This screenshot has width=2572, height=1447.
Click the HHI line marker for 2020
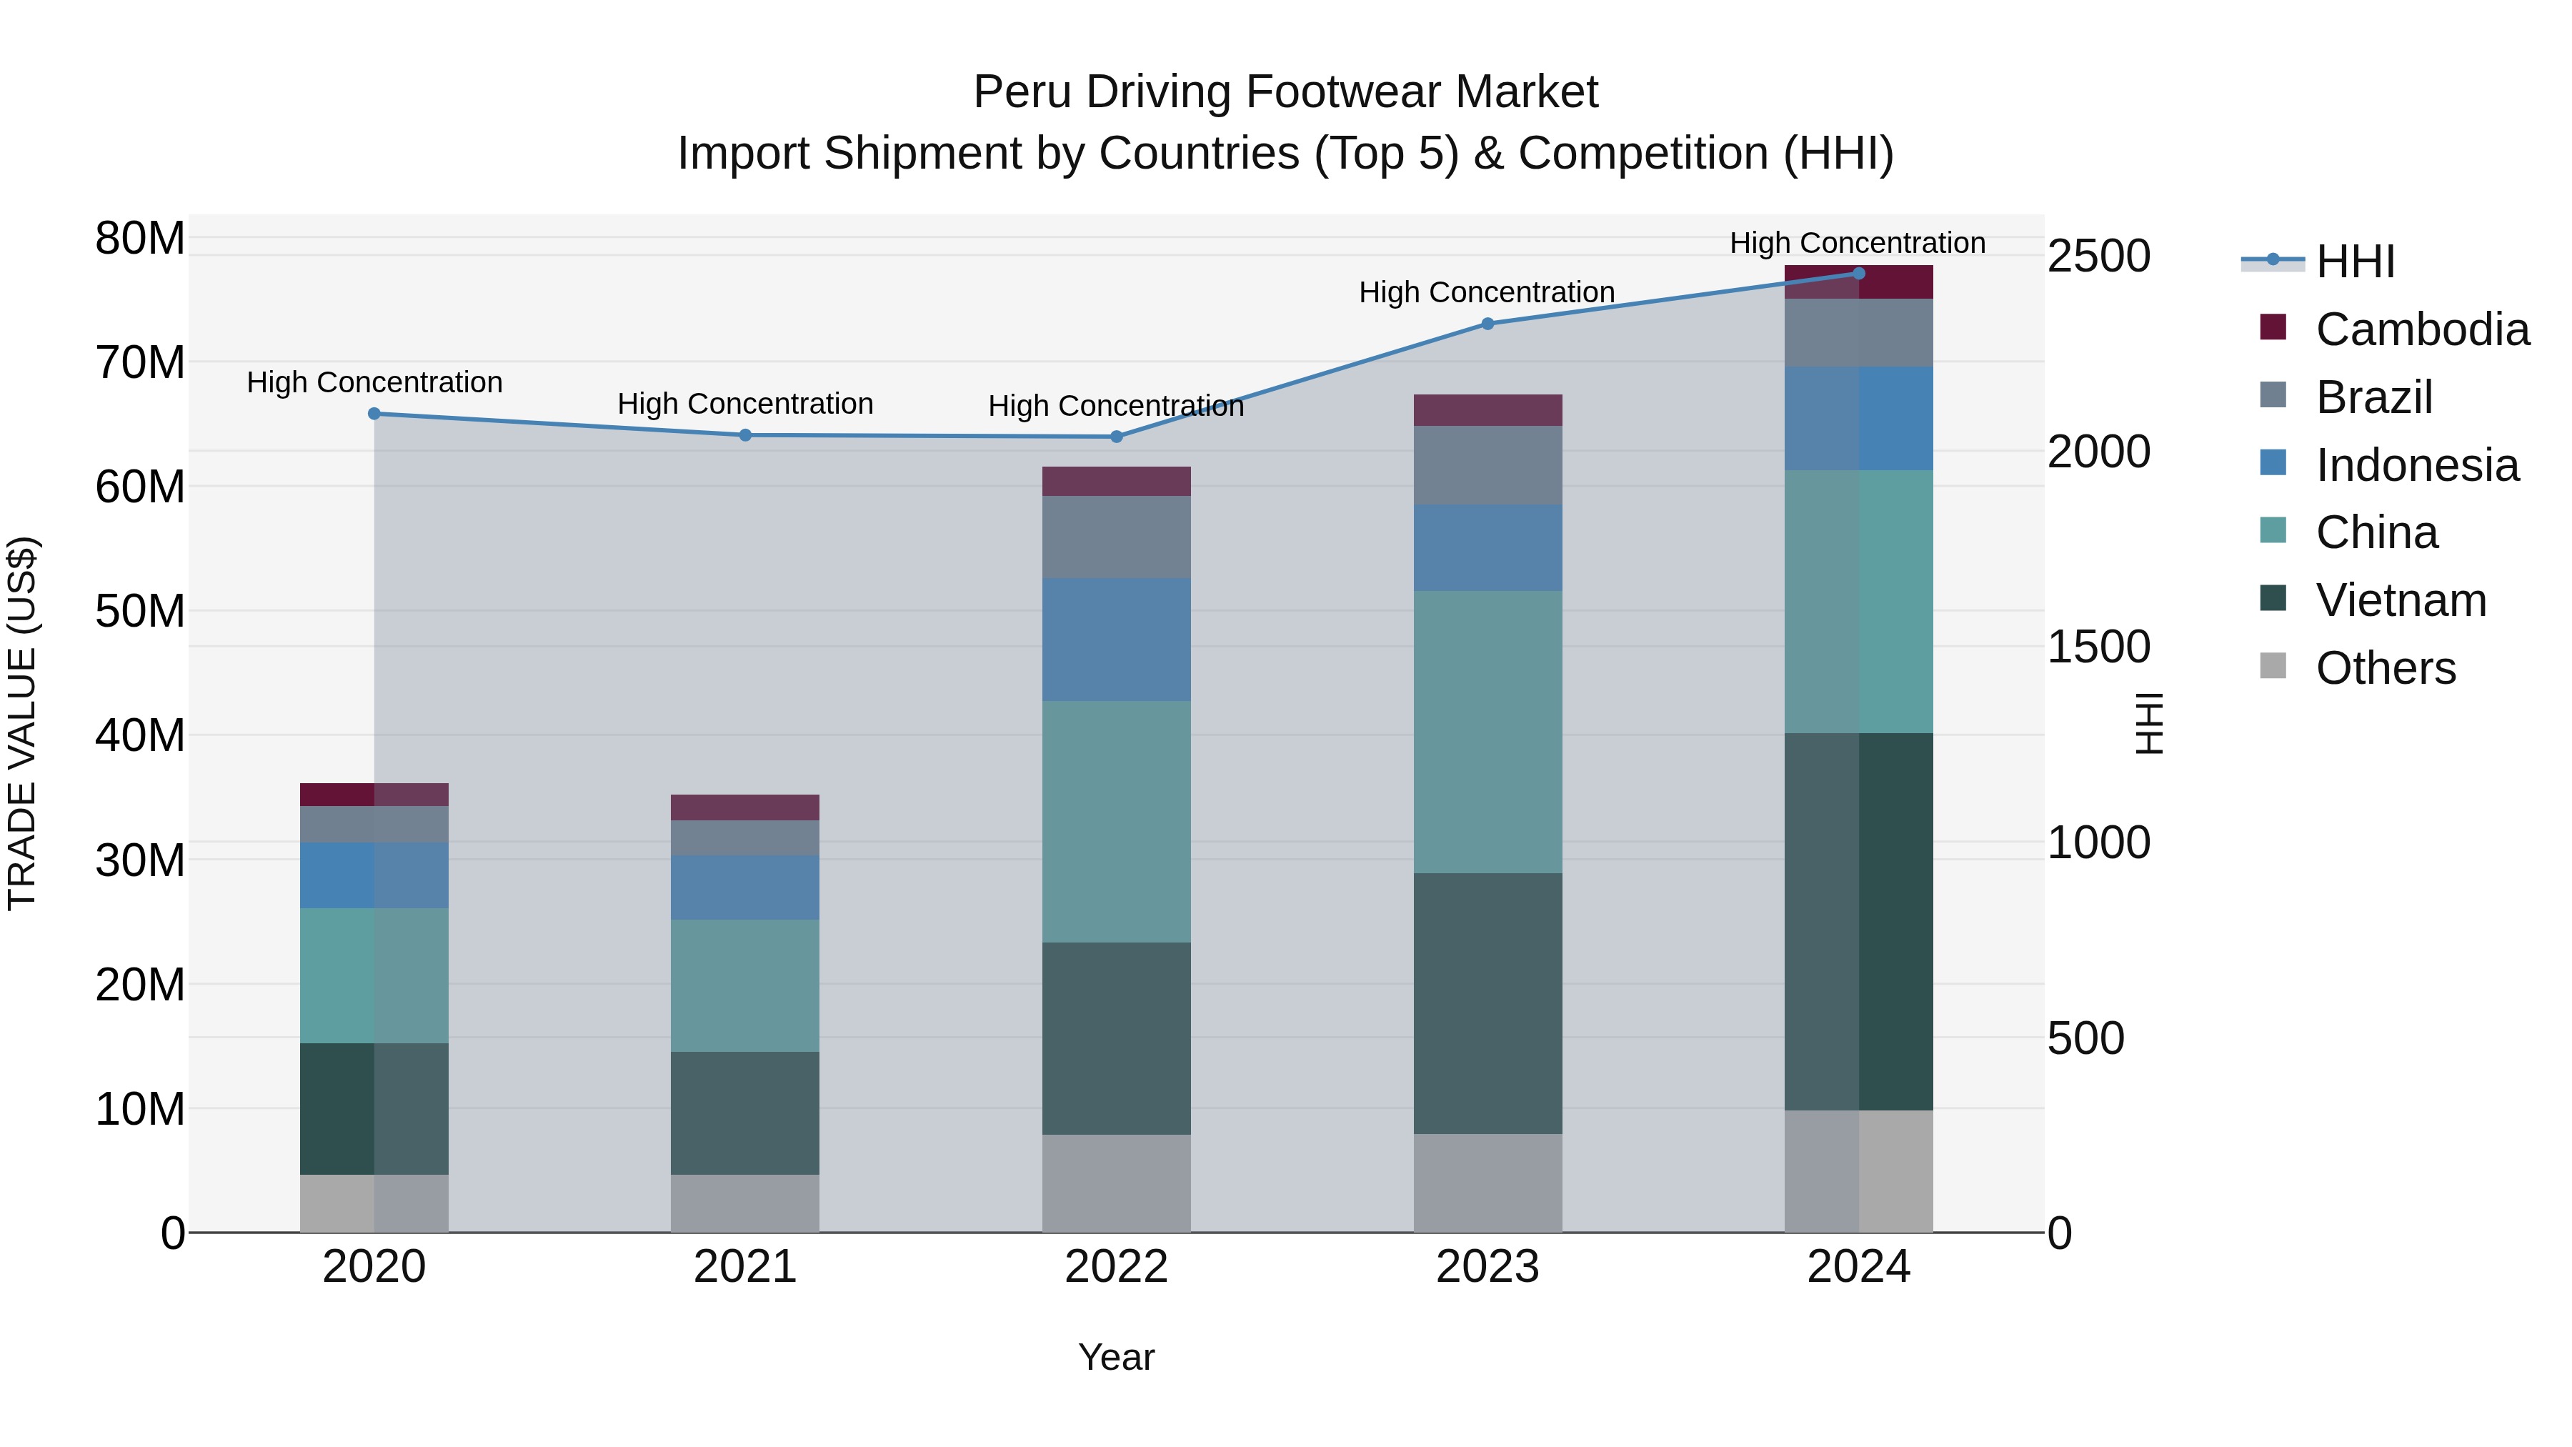pyautogui.click(x=374, y=414)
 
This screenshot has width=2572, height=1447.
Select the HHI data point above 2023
pyautogui.click(x=1487, y=324)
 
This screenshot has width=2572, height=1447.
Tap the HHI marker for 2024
pyautogui.click(x=1858, y=274)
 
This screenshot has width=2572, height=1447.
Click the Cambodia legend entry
pyautogui.click(x=2421, y=329)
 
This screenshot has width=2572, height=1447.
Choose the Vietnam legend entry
pyautogui.click(x=2401, y=600)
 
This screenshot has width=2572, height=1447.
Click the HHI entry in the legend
pyautogui.click(x=2354, y=262)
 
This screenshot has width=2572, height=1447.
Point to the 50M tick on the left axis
pyautogui.click(x=140, y=611)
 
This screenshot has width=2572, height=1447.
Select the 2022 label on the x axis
pyautogui.click(x=1115, y=1267)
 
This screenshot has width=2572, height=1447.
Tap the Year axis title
pyautogui.click(x=1115, y=1357)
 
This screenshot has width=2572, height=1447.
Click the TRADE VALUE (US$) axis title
pyautogui.click(x=23, y=723)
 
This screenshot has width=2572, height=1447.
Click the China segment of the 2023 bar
pyautogui.click(x=1487, y=731)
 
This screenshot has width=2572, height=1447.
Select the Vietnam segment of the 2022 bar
pyautogui.click(x=1115, y=1038)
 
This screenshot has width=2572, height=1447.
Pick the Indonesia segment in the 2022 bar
pyautogui.click(x=1115, y=639)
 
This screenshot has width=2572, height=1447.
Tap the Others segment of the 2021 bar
pyautogui.click(x=745, y=1203)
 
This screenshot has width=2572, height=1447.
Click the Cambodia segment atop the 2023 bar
pyautogui.click(x=1487, y=410)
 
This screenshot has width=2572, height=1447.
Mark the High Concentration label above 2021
pyautogui.click(x=745, y=404)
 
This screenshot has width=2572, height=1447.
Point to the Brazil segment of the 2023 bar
pyautogui.click(x=1487, y=465)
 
